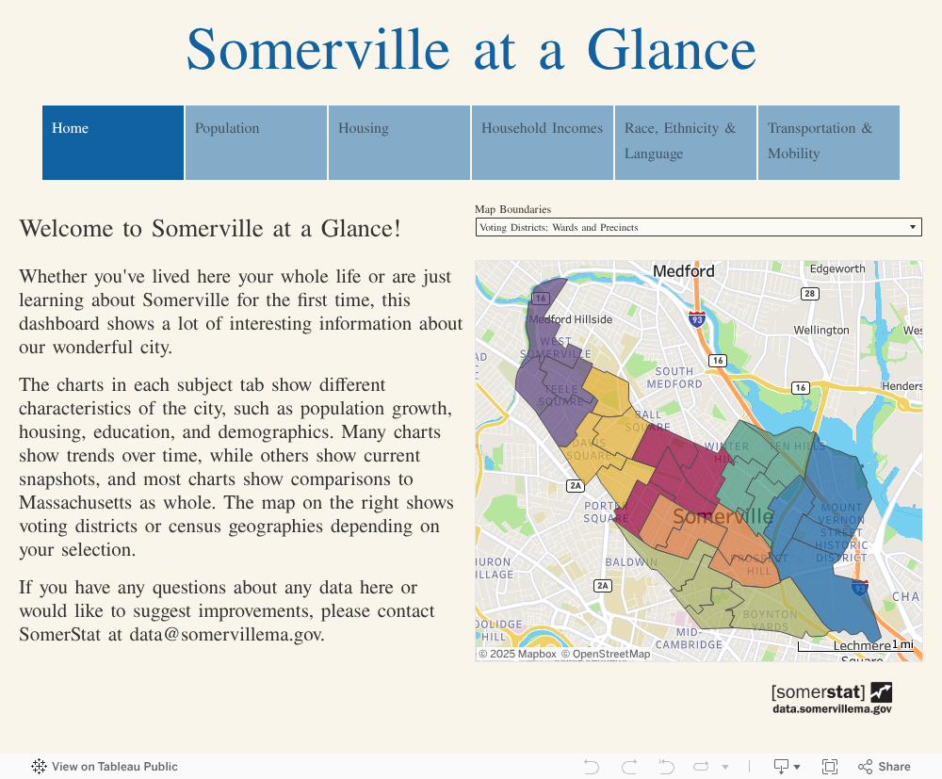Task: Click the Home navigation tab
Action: click(x=113, y=142)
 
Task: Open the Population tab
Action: click(x=256, y=142)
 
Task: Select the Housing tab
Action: click(x=399, y=142)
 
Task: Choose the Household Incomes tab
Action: click(x=543, y=142)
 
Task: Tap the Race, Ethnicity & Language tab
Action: click(x=686, y=142)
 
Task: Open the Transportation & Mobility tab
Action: click(x=829, y=142)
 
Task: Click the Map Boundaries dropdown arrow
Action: click(x=912, y=227)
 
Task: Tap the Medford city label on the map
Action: click(x=684, y=271)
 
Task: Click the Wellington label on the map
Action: click(x=820, y=331)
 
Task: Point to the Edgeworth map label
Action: click(x=837, y=269)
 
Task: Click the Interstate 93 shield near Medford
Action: click(x=696, y=320)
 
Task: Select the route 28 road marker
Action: click(x=809, y=294)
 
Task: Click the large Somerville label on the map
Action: click(x=723, y=517)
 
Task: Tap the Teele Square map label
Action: click(x=560, y=395)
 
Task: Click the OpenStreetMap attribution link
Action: click(x=606, y=654)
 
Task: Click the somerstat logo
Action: click(x=831, y=698)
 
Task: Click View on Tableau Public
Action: click(x=105, y=767)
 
